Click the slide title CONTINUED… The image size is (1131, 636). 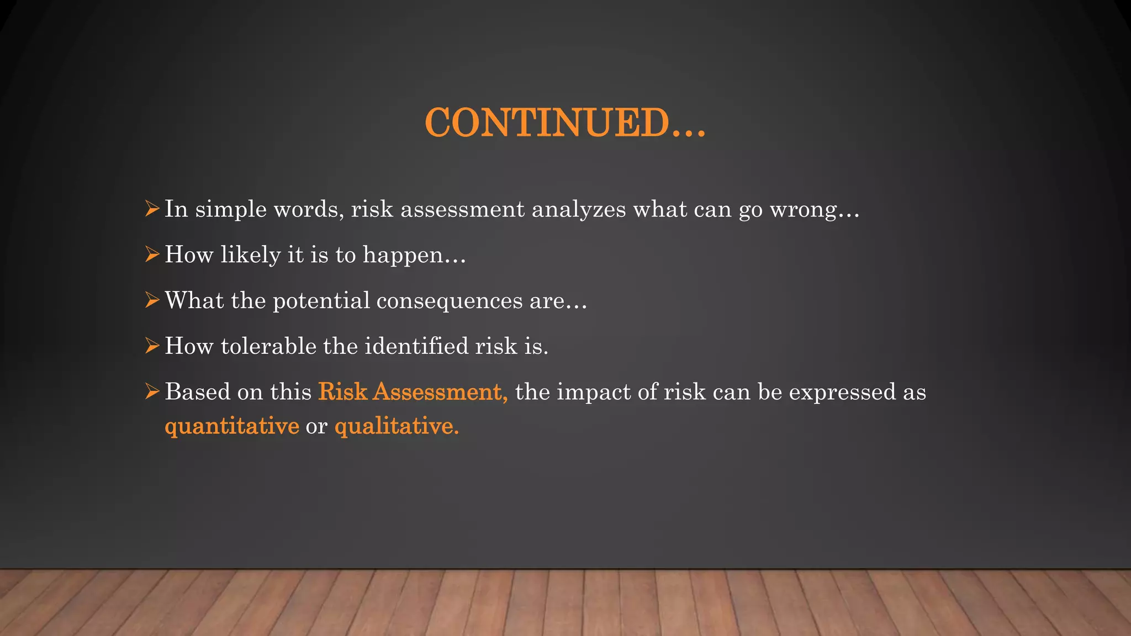[x=565, y=123]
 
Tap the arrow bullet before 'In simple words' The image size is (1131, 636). [x=152, y=209]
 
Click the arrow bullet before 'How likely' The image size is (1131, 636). [x=152, y=255]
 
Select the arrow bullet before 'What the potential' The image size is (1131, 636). [x=152, y=300]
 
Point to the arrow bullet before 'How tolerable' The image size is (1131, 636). [x=152, y=346]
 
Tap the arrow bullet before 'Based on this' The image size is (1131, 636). [x=152, y=391]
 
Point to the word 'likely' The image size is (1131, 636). [x=250, y=255]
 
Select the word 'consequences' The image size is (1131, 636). [x=450, y=301]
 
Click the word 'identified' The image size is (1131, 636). [x=416, y=346]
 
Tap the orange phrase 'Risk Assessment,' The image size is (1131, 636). [x=413, y=392]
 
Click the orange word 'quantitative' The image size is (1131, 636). [x=232, y=426]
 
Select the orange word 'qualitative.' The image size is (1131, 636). [x=397, y=426]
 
